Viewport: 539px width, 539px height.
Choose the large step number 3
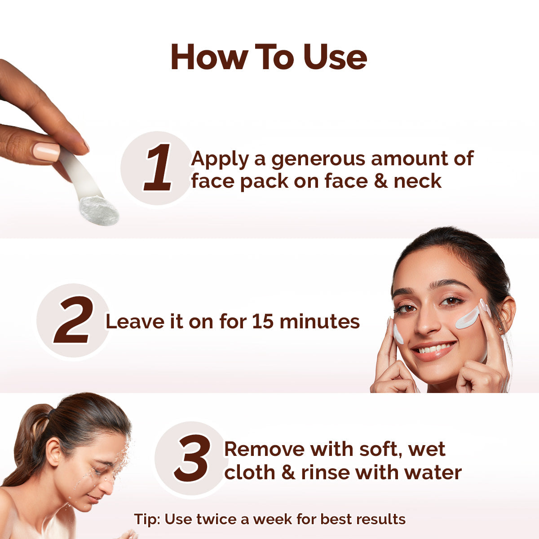click(192, 459)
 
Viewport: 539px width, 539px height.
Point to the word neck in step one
click(417, 181)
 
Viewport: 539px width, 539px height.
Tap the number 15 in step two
click(263, 322)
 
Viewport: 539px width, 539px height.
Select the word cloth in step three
click(249, 473)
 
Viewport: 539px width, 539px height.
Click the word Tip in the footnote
click(147, 520)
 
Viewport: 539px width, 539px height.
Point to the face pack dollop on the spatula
click(99, 210)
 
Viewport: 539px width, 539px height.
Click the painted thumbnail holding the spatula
click(46, 152)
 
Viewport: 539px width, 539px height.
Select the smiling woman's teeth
click(434, 348)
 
